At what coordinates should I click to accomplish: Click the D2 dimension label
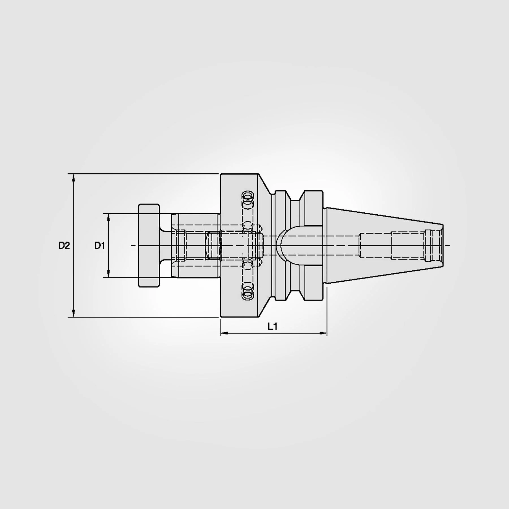[x=64, y=246]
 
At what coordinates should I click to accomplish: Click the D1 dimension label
[x=100, y=246]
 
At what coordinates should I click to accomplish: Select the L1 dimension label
[x=273, y=327]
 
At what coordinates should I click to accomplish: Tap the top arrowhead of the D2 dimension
[x=74, y=178]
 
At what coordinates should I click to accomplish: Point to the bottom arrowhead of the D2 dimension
[x=74, y=313]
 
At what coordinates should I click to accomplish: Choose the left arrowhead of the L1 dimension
[x=224, y=333]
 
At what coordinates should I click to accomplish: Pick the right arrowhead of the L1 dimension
[x=323, y=333]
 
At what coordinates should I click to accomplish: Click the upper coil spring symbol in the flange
[x=248, y=197]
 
